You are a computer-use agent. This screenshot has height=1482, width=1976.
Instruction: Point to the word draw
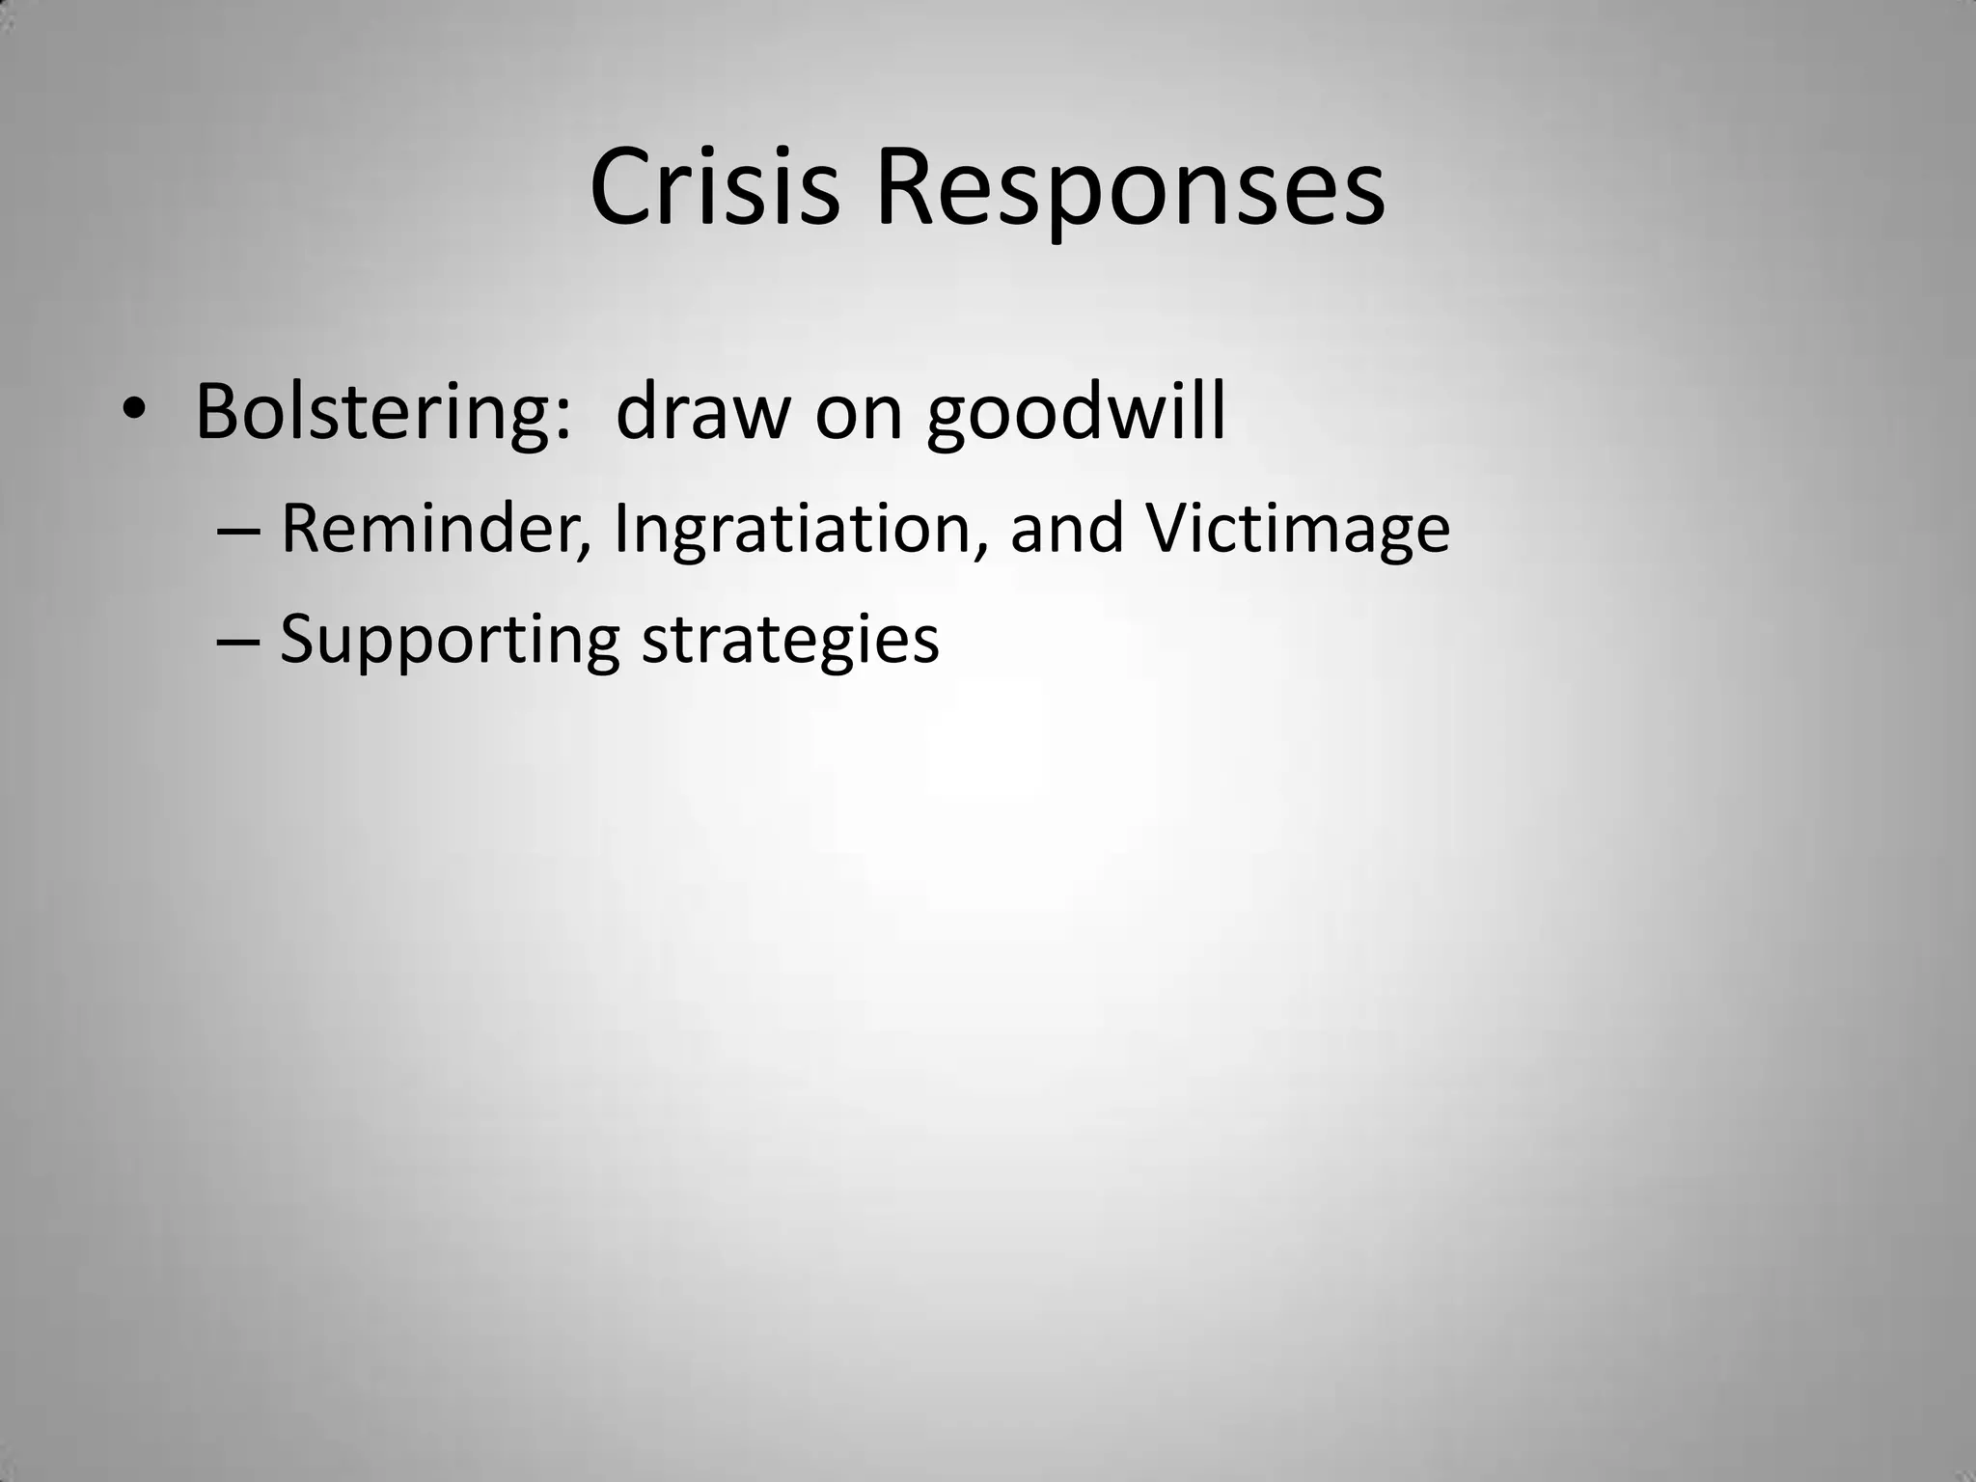(702, 412)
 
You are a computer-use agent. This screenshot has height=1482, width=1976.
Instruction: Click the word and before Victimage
(1066, 529)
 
